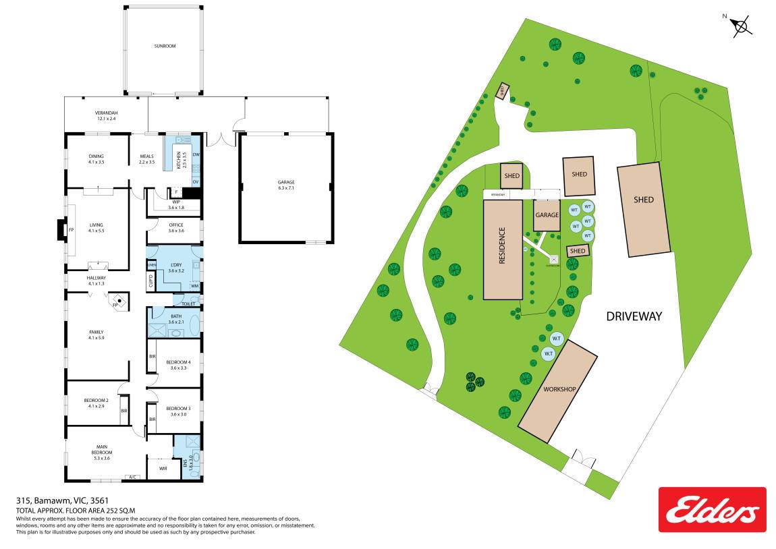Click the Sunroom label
[164, 46]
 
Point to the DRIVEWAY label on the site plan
[634, 316]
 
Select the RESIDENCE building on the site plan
[503, 250]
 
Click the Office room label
[175, 228]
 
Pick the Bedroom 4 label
[178, 365]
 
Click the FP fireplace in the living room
[70, 229]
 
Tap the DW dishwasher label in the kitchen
[196, 155]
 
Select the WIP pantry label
[175, 204]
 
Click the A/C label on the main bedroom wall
[133, 477]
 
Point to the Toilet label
[188, 304]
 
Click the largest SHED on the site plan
[643, 209]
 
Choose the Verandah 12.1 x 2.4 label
[107, 115]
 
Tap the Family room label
[96, 335]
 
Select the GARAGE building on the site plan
[547, 215]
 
